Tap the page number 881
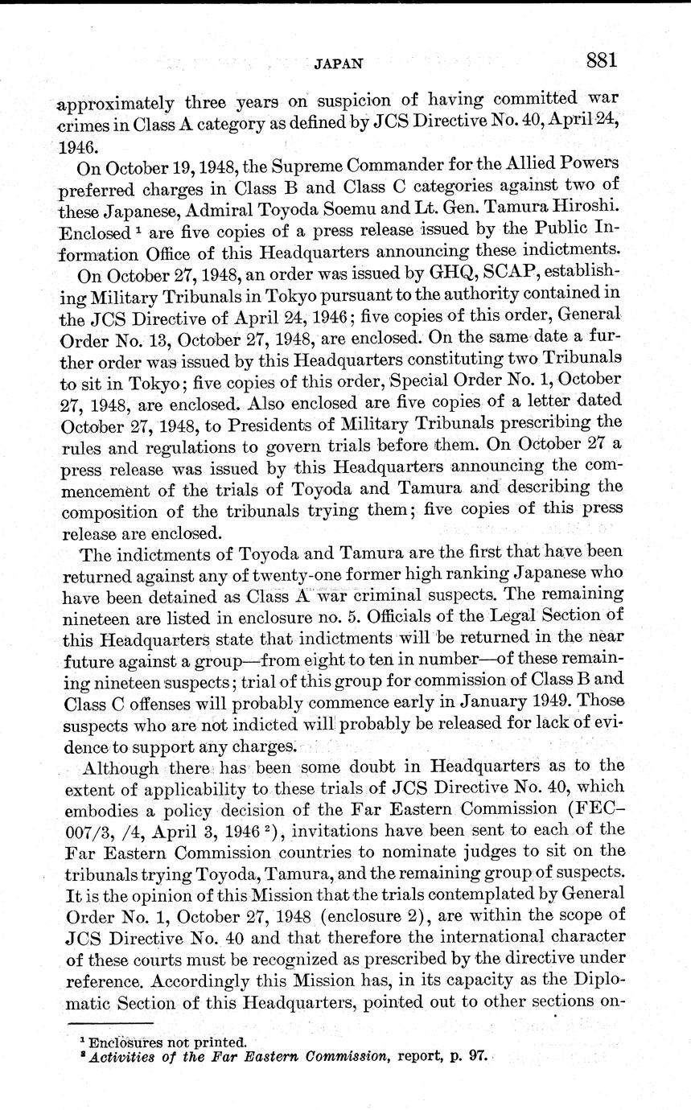[601, 60]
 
